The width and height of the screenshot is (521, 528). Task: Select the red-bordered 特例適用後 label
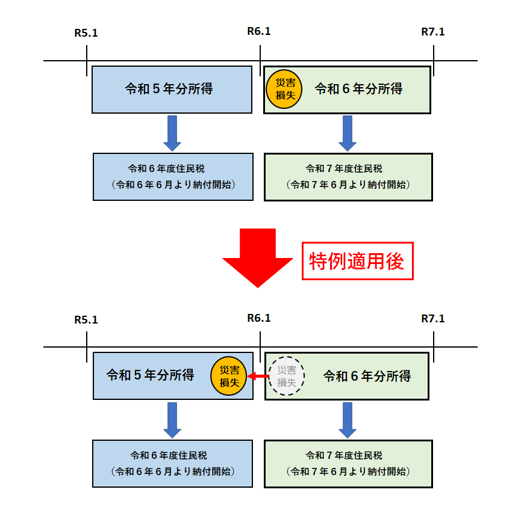357,261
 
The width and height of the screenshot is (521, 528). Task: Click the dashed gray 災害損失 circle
286,376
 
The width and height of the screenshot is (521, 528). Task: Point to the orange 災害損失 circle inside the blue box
229,376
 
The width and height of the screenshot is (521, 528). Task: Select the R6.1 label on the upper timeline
259,31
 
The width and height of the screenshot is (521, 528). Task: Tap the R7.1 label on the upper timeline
433,32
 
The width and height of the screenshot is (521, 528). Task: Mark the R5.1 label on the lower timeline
86,319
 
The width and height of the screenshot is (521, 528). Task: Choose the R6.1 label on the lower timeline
259,318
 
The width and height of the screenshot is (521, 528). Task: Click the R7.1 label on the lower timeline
433,319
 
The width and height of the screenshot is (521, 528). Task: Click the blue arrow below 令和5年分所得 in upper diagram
172,133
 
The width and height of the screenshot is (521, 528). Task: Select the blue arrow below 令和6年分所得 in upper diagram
348,133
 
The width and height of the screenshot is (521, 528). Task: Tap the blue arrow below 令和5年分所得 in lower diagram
172,420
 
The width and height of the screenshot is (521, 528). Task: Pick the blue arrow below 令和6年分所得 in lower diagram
348,420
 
